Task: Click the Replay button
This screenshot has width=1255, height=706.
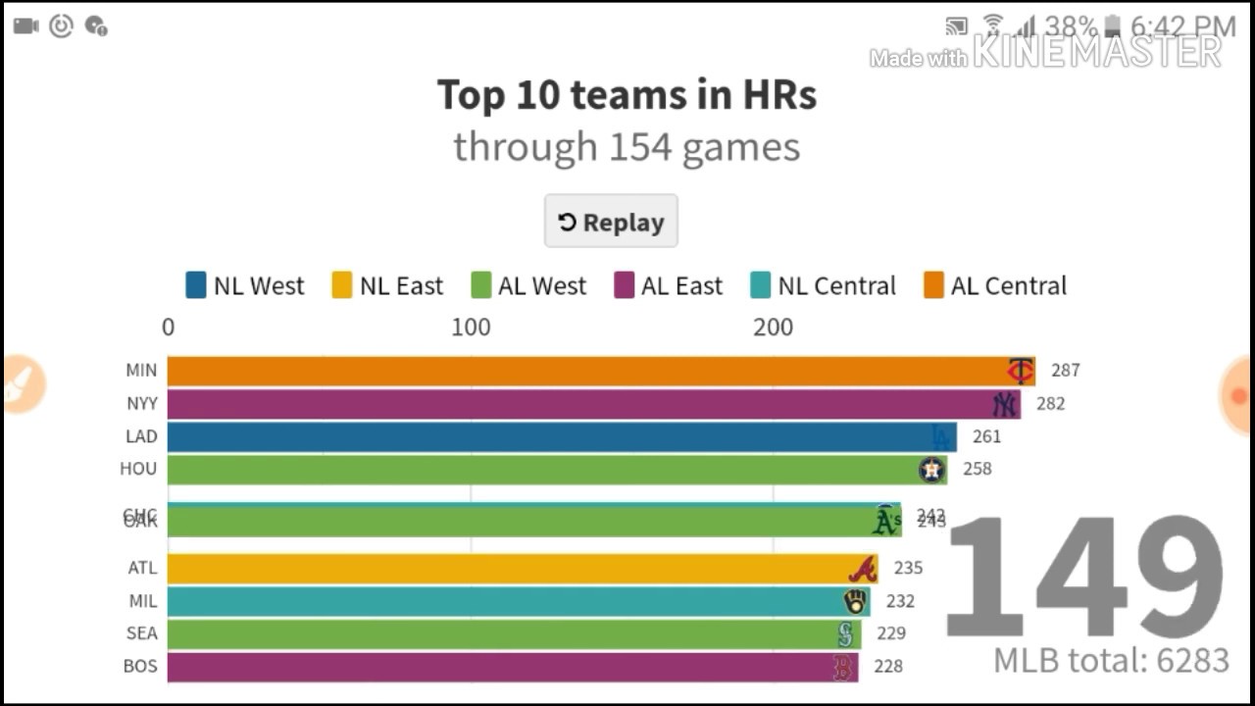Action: [611, 222]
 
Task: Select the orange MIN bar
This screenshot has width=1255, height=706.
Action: [588, 371]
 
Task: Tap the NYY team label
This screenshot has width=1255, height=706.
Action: [142, 403]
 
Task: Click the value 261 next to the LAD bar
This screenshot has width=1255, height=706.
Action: [986, 436]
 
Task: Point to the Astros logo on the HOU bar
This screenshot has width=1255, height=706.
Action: [931, 470]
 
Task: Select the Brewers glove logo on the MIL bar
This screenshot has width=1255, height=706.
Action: [855, 601]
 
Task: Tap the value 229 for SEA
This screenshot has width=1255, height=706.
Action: [891, 633]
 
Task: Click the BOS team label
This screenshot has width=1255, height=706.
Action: [140, 666]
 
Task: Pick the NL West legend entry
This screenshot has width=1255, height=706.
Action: [245, 285]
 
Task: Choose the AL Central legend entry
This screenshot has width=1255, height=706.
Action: [995, 285]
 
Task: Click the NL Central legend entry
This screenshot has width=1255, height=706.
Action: [824, 285]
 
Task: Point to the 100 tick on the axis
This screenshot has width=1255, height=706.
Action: [471, 328]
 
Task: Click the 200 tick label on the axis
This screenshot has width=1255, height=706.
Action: [773, 328]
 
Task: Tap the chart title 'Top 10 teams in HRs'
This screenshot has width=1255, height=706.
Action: [627, 95]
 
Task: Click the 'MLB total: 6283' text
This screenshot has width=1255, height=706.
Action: [1111, 660]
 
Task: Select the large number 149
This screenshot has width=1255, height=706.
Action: [1083, 579]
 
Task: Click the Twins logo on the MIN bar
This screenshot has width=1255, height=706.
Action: [1021, 371]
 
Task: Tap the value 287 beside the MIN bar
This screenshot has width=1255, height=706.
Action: [1065, 371]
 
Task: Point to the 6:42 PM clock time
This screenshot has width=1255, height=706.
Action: [1183, 25]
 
